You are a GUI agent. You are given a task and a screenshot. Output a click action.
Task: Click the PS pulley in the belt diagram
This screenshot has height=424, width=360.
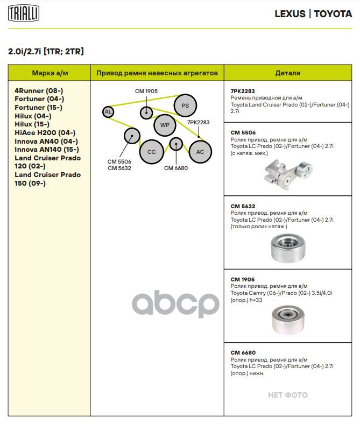pos(185,105)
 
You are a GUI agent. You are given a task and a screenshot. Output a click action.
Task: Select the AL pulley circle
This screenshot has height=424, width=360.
pos(108,112)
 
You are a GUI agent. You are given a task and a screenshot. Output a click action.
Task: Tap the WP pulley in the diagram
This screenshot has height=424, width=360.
pos(165,125)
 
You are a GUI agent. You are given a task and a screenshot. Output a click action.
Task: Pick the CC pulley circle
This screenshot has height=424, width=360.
pos(151,152)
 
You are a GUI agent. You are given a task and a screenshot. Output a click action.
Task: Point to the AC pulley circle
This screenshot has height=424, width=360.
pos(200,152)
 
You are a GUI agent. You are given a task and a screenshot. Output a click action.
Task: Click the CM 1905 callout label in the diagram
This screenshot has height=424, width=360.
pos(146,91)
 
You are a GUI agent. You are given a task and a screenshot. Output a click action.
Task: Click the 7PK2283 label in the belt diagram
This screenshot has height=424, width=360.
pos(198,123)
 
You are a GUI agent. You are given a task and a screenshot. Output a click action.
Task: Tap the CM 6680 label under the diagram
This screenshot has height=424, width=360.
pos(176,168)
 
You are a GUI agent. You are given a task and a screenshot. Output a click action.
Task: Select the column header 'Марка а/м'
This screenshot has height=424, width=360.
pos(50,73)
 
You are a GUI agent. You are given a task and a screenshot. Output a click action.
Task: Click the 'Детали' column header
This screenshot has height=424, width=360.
pos(287,73)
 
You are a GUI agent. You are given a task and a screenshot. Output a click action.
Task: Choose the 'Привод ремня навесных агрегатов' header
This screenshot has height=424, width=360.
pos(157,73)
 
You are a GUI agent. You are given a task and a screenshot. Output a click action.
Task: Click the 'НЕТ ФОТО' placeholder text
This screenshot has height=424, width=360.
pos(288,395)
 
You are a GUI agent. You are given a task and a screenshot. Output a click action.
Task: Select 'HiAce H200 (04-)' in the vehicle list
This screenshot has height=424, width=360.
pos(45,133)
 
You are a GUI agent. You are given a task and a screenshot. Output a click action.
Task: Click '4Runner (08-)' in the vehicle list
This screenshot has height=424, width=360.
pos(39,91)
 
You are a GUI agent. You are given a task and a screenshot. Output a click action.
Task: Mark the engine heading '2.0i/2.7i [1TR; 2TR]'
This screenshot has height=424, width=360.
pos(46,52)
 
